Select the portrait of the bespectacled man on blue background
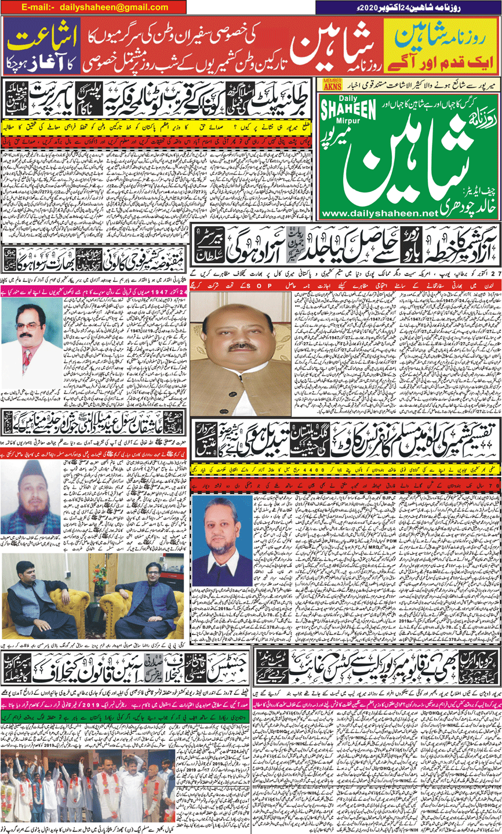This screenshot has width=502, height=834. click(222, 544)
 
